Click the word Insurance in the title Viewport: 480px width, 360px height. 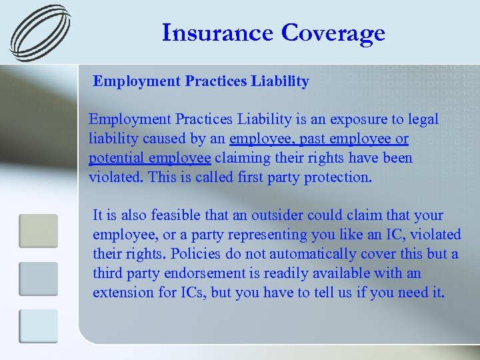(x=217, y=33)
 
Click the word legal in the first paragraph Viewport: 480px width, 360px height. (x=422, y=119)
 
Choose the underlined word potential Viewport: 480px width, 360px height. (x=115, y=158)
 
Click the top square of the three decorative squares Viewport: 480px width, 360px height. (x=38, y=231)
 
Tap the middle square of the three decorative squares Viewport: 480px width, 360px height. (x=38, y=279)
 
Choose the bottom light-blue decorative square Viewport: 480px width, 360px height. (x=38, y=327)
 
